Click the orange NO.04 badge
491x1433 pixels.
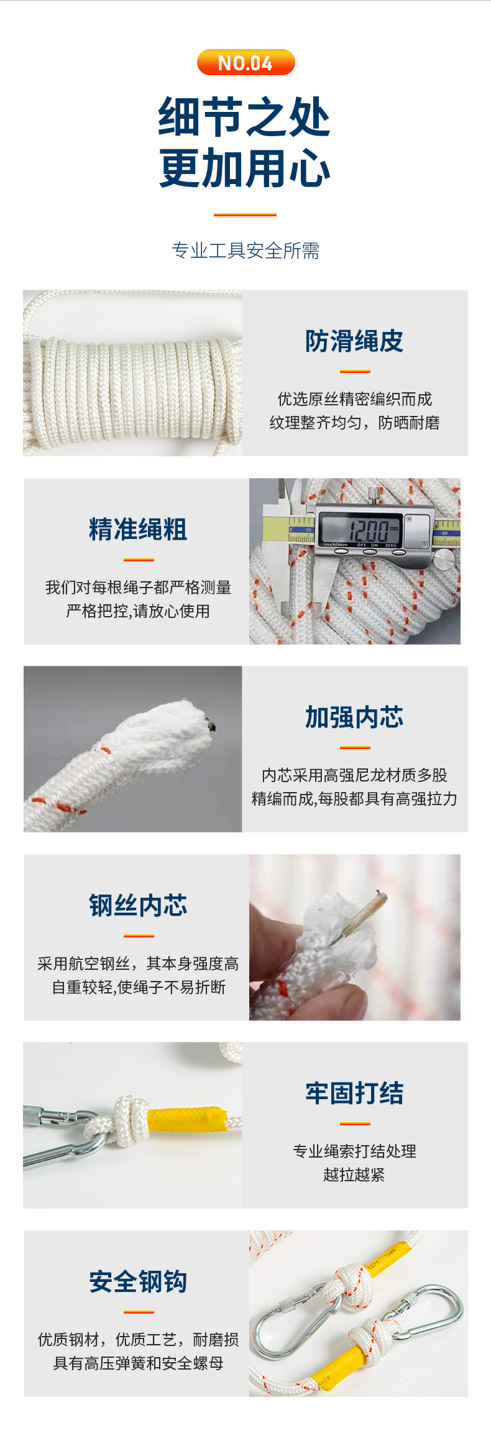(245, 63)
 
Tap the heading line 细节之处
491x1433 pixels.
(244, 117)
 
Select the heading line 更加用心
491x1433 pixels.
(244, 168)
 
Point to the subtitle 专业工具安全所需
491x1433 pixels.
(245, 251)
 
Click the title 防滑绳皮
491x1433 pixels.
(354, 341)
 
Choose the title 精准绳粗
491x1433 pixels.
(138, 529)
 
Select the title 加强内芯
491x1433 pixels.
(354, 717)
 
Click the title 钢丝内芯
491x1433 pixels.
(138, 905)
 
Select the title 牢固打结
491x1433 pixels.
(354, 1093)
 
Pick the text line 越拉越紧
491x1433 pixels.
(354, 1174)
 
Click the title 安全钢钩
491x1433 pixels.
(138, 1281)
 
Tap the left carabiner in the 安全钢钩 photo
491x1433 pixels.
(292, 1321)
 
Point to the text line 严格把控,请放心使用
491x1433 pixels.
(138, 611)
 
